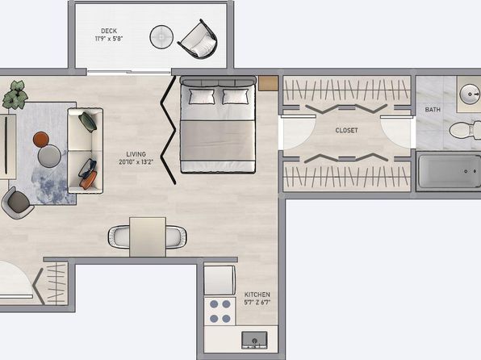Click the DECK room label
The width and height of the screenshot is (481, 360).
pyautogui.click(x=109, y=31)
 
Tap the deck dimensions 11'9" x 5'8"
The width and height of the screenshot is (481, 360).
pyautogui.click(x=109, y=39)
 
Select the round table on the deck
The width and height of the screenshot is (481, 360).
pyautogui.click(x=161, y=37)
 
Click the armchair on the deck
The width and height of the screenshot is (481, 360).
pyautogui.click(x=199, y=40)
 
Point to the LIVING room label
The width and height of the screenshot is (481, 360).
pyautogui.click(x=136, y=154)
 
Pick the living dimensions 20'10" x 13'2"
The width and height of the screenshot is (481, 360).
pyautogui.click(x=136, y=161)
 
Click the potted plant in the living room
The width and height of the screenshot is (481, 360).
pyautogui.click(x=15, y=94)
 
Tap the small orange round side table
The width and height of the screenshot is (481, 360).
pyautogui.click(x=41, y=140)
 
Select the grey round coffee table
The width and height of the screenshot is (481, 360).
pyautogui.click(x=49, y=156)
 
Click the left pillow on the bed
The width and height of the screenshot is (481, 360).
pyautogui.click(x=202, y=96)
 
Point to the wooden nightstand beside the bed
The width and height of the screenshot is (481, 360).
pyautogui.click(x=268, y=83)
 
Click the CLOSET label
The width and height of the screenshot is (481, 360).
pyautogui.click(x=347, y=131)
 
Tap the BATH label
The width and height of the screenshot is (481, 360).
pyautogui.click(x=433, y=110)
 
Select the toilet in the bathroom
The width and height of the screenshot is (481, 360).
pyautogui.click(x=465, y=130)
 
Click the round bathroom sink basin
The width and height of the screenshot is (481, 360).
pyautogui.click(x=470, y=94)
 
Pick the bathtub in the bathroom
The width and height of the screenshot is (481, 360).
pyautogui.click(x=449, y=171)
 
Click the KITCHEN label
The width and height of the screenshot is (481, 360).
pyautogui.click(x=257, y=295)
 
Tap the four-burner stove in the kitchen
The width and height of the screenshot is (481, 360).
pyautogui.click(x=220, y=312)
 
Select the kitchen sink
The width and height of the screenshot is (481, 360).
pyautogui.click(x=254, y=340)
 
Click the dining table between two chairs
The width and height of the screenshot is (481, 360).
pyautogui.click(x=148, y=237)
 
